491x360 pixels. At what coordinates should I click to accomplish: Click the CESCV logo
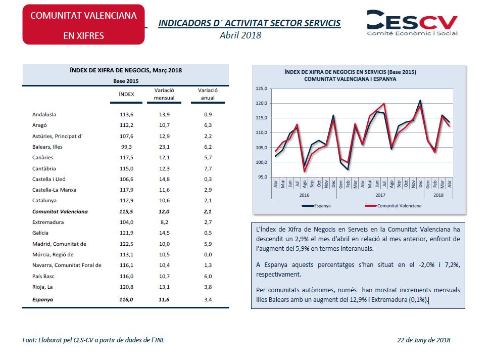(x=412, y=23)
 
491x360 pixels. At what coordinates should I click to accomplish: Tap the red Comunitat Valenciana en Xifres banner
(x=83, y=25)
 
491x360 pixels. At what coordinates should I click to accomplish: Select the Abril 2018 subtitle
(x=240, y=35)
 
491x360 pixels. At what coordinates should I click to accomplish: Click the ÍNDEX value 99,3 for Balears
(x=126, y=147)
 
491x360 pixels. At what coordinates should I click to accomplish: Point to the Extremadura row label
(x=47, y=222)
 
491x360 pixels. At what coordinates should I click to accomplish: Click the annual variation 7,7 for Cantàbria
(x=208, y=168)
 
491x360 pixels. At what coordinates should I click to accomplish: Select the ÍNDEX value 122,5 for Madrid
(x=126, y=244)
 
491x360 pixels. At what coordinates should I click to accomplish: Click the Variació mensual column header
(x=165, y=94)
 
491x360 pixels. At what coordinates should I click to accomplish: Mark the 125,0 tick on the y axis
(x=262, y=88)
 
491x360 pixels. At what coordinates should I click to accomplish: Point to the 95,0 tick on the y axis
(x=263, y=177)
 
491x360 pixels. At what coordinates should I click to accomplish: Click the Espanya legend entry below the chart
(x=319, y=206)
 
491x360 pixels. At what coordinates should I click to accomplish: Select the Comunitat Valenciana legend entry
(x=393, y=206)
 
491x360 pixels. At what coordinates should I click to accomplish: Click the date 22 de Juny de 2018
(x=424, y=340)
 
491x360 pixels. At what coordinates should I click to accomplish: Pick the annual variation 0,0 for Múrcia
(x=208, y=254)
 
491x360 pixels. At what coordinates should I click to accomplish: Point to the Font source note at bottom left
(x=94, y=340)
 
